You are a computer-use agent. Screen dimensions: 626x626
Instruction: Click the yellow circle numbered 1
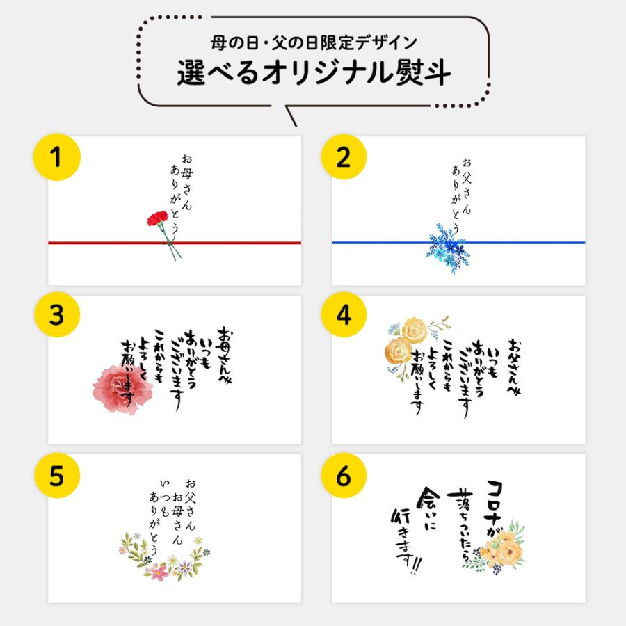click(x=57, y=157)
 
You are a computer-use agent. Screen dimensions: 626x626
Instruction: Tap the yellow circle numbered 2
click(x=344, y=157)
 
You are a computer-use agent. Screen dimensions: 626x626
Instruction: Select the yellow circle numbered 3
click(x=57, y=314)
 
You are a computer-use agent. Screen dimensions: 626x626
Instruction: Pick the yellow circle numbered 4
click(x=344, y=314)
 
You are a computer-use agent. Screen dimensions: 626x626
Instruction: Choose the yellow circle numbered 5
click(x=57, y=476)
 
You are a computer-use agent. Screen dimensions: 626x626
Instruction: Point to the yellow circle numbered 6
click(x=344, y=476)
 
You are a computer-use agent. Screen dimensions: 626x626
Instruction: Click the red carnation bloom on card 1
click(x=158, y=218)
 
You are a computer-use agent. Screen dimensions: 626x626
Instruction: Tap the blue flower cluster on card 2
click(x=447, y=249)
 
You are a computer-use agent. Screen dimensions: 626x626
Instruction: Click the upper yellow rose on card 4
click(x=415, y=330)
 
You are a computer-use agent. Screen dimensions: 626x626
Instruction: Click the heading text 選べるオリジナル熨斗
click(x=314, y=72)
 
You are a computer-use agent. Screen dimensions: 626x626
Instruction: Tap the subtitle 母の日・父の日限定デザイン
click(x=314, y=42)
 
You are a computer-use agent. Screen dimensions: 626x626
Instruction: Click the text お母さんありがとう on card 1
click(x=182, y=195)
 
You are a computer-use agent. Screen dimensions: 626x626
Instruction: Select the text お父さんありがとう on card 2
click(x=462, y=195)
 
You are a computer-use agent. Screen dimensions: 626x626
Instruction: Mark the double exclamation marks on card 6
click(x=416, y=565)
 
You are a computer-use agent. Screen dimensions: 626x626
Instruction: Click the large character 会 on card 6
click(x=428, y=499)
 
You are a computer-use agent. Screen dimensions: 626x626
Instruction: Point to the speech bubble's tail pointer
click(x=291, y=115)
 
